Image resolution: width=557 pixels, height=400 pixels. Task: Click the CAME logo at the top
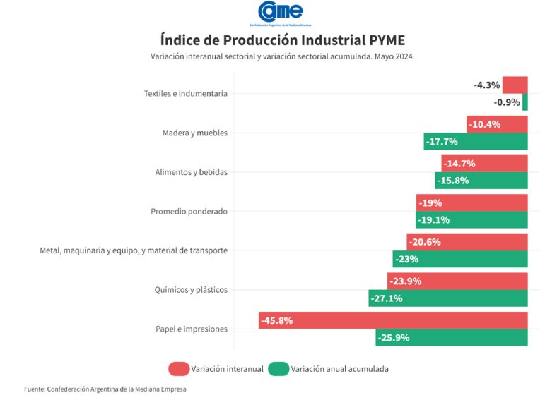coord(281,13)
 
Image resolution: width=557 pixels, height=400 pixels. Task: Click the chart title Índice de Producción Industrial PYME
coord(283,40)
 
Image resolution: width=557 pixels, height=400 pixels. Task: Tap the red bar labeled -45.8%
coord(393,320)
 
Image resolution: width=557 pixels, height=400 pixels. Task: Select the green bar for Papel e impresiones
coord(452,338)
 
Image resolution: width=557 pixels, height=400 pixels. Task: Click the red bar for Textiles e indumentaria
coord(515,85)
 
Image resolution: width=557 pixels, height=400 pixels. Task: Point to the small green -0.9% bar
coord(525,102)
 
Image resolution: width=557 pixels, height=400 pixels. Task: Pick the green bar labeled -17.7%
coord(476,142)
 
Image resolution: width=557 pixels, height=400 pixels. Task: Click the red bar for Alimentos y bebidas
coord(484,164)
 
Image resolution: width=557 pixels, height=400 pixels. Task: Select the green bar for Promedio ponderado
coord(471,220)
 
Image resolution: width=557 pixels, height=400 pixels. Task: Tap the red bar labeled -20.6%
coord(467,242)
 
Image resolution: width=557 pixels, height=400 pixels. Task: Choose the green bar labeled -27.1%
coord(448,298)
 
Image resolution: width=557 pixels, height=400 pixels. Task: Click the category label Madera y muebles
coord(195,133)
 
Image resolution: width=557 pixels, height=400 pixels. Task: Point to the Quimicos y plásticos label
coord(191,290)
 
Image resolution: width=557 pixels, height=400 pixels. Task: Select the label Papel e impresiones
coord(192,329)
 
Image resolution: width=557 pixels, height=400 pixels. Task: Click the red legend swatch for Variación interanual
coord(179,369)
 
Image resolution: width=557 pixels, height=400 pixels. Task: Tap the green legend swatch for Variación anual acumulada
coord(278,369)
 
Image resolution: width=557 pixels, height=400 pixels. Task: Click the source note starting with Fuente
coord(105,389)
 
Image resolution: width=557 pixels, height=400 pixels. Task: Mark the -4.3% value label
coord(486,85)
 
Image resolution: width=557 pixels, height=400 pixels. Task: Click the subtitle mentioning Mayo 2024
coord(283,56)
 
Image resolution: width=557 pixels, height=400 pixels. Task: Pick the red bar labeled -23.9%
coord(457,281)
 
